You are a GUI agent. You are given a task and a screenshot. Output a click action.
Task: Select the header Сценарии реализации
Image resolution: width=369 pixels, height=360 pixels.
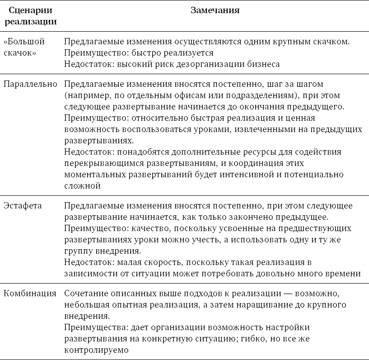click(30, 16)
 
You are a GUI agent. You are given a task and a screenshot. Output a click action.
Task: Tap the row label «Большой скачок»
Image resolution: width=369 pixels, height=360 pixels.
click(24, 47)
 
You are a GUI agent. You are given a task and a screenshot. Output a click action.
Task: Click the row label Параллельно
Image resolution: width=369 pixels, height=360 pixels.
click(30, 84)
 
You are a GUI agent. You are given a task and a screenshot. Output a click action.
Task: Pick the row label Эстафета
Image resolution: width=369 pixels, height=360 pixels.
click(23, 206)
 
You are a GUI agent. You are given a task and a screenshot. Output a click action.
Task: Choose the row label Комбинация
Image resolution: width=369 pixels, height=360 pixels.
click(30, 294)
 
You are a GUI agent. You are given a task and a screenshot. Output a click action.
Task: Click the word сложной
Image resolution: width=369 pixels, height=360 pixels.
click(82, 185)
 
